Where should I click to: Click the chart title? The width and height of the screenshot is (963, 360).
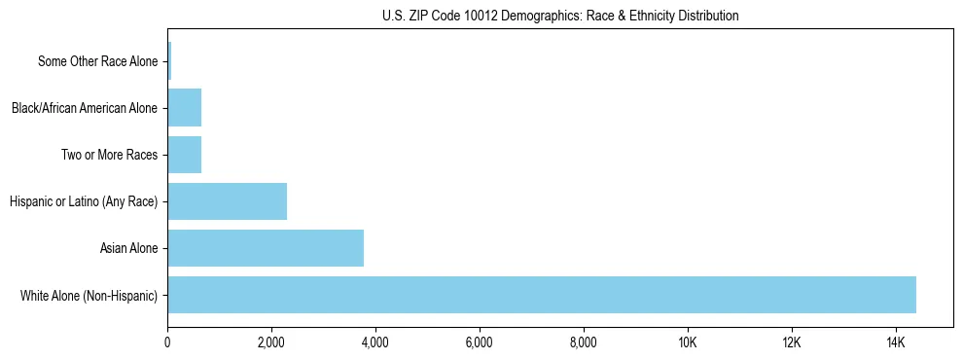560,16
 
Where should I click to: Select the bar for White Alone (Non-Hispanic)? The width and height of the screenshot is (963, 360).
542,295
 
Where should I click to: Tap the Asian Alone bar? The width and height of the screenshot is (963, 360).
266,248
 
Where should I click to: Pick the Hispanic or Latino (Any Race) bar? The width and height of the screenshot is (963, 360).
227,201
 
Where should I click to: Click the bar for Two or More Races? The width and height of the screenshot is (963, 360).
184,155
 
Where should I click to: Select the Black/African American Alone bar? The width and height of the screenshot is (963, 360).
184,108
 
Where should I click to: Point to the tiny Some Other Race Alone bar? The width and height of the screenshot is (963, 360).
169,61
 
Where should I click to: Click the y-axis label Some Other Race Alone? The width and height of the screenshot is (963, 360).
97,61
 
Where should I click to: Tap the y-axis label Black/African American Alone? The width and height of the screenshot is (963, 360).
84,108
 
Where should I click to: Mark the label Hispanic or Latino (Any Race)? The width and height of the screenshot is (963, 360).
83,201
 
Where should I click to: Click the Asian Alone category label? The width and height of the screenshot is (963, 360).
128,248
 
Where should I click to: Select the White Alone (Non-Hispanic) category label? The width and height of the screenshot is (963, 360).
89,295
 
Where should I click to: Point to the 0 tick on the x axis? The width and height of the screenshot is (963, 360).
167,343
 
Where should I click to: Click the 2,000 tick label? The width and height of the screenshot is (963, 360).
271,343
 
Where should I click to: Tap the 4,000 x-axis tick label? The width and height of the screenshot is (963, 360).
375,343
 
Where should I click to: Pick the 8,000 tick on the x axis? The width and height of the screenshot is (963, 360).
584,343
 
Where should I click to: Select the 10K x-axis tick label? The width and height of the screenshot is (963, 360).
688,343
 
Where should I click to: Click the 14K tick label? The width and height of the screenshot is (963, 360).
895,343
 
